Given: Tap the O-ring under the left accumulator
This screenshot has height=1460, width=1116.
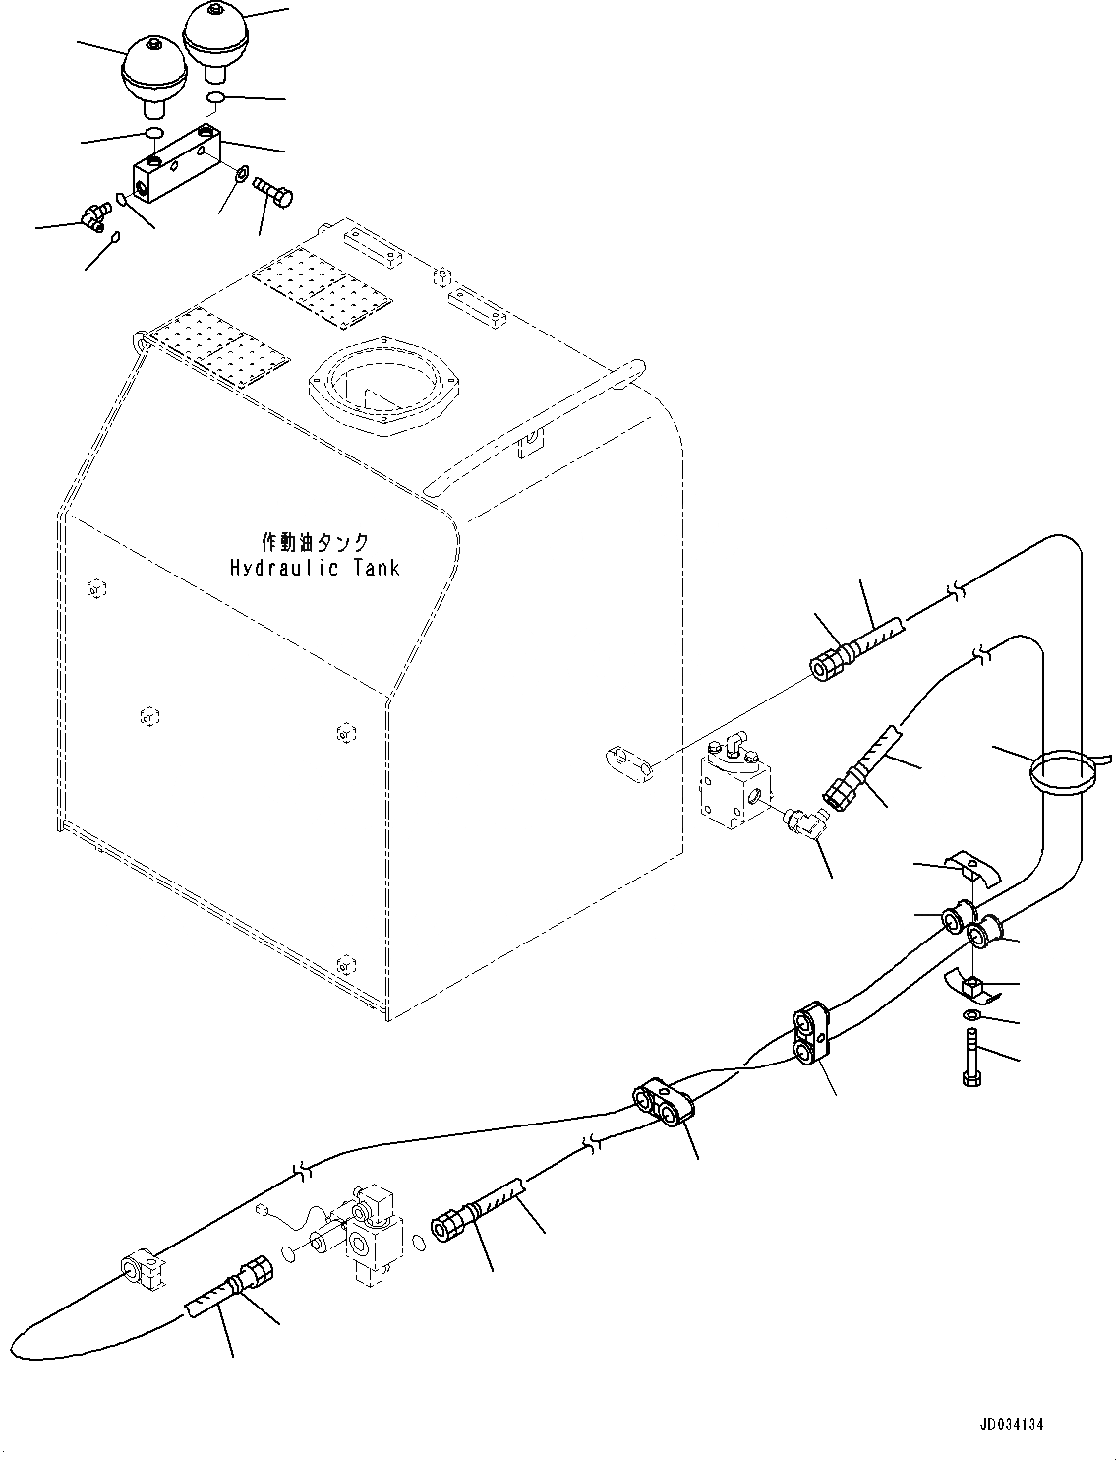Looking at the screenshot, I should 151,133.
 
